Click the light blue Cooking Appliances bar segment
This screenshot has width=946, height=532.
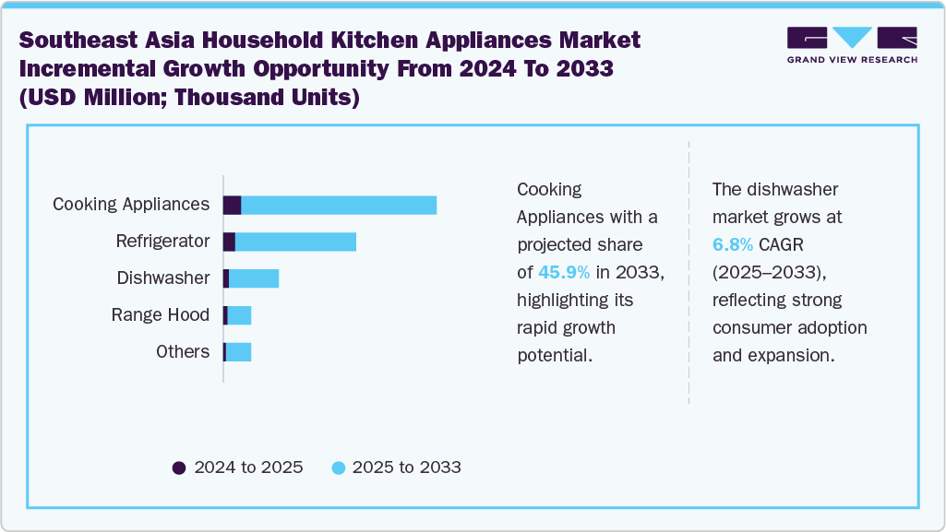[339, 205]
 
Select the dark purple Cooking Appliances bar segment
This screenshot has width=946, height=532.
[233, 205]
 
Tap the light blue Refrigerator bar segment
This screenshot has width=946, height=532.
[295, 242]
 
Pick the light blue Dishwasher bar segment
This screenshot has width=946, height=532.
[254, 278]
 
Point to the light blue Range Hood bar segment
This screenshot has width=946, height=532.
[239, 315]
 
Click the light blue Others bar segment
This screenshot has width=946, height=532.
[238, 352]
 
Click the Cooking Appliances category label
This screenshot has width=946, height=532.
[131, 205]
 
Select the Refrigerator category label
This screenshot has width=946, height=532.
[162, 242]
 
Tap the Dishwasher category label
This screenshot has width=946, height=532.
[162, 278]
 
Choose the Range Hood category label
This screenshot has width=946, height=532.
[161, 315]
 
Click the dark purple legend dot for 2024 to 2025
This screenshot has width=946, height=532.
[179, 467]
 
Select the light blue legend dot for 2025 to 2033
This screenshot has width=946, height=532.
[338, 467]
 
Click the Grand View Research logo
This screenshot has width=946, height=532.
[852, 44]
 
